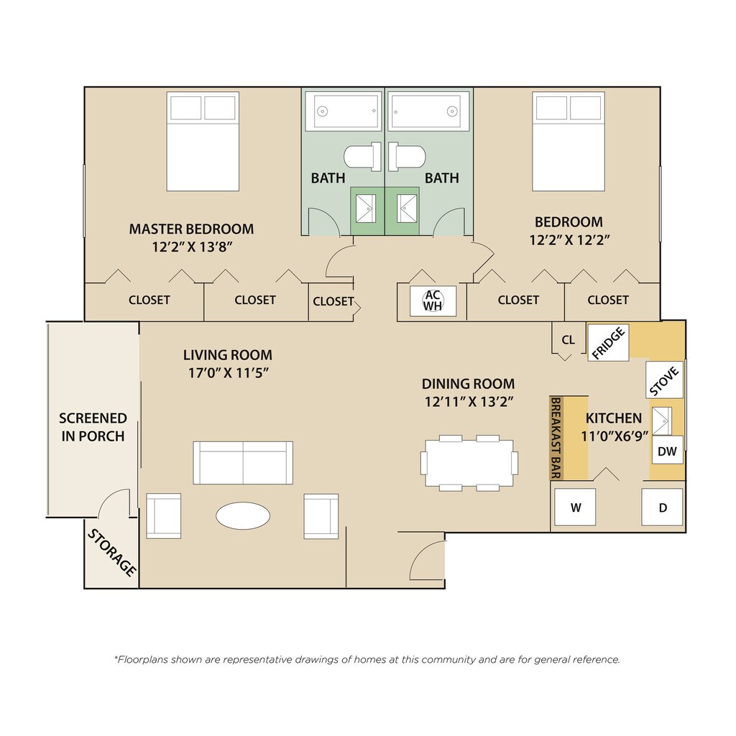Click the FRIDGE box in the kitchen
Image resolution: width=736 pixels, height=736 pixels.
pyautogui.click(x=608, y=343)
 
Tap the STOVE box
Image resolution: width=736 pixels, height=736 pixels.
pyautogui.click(x=664, y=379)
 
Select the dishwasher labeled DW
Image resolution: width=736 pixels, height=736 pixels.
pyautogui.click(x=667, y=451)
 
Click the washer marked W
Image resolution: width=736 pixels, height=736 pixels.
pyautogui.click(x=575, y=507)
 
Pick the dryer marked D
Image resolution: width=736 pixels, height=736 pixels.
pyautogui.click(x=662, y=507)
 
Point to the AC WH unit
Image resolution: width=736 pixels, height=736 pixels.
pyautogui.click(x=432, y=300)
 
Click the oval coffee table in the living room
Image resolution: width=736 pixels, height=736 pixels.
pyautogui.click(x=243, y=515)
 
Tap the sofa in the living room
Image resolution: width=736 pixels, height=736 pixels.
pyautogui.click(x=243, y=462)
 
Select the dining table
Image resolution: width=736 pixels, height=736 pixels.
pyautogui.click(x=469, y=463)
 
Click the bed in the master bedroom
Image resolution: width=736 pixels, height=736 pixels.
pyautogui.click(x=203, y=142)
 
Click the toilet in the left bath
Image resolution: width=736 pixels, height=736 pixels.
pyautogui.click(x=362, y=156)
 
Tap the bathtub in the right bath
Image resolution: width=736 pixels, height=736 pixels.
pyautogui.click(x=428, y=111)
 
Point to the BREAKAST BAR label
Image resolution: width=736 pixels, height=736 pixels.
pyautogui.click(x=556, y=438)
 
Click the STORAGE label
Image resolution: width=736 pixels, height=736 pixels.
pyautogui.click(x=112, y=552)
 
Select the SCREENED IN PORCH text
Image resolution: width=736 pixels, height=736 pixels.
pyautogui.click(x=93, y=427)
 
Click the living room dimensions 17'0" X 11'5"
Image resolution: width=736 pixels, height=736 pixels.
pyautogui.click(x=228, y=373)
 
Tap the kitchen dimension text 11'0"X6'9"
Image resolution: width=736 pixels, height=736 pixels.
pyautogui.click(x=615, y=436)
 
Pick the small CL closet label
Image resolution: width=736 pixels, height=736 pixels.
pyautogui.click(x=568, y=340)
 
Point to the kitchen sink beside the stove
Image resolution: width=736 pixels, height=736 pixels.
pyautogui.click(x=662, y=421)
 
